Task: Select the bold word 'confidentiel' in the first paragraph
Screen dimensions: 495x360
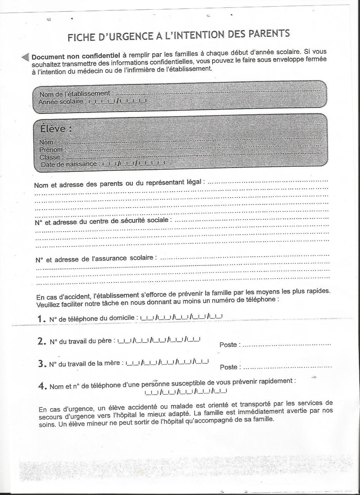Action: pos(101,56)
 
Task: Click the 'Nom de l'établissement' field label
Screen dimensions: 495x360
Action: pos(75,94)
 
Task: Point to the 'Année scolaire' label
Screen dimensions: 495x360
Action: pos(61,102)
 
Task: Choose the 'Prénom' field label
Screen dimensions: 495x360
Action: pos(51,150)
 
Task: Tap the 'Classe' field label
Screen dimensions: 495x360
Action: pos(50,157)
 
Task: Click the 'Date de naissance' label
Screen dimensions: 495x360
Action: pos(69,164)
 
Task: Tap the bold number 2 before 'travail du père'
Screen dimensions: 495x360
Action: pos(41,341)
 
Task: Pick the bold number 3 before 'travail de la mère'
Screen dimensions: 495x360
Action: pos(41,364)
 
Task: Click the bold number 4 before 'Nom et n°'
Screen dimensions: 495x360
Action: pos(41,386)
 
